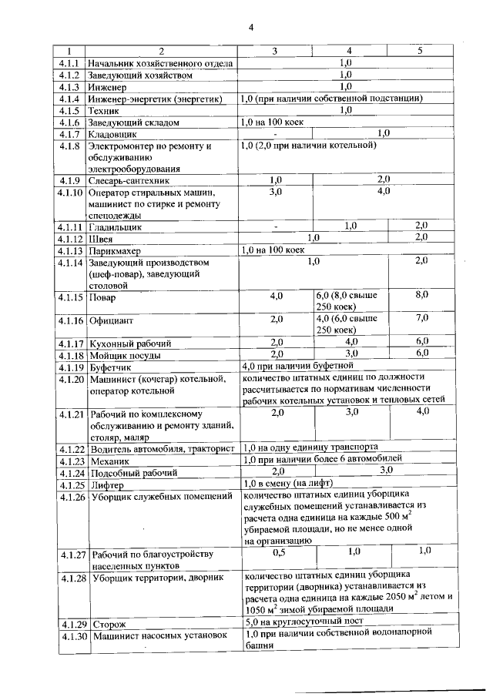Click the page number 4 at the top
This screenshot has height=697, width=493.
pos(251,28)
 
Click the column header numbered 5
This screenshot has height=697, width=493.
pos(420,51)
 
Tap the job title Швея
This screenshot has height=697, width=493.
pos(102,239)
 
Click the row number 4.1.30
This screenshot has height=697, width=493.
pos(72,635)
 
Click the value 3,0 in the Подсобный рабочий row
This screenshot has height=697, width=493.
pos(382,470)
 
